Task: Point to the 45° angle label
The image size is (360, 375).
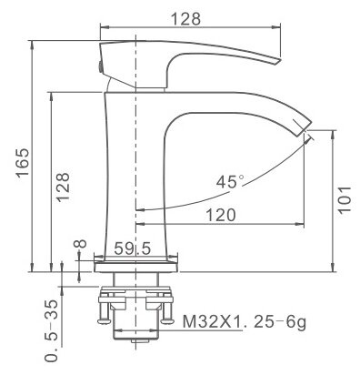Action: coord(230,181)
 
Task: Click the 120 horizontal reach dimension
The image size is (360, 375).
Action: coord(221,215)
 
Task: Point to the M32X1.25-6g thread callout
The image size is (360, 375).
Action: coord(241,320)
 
